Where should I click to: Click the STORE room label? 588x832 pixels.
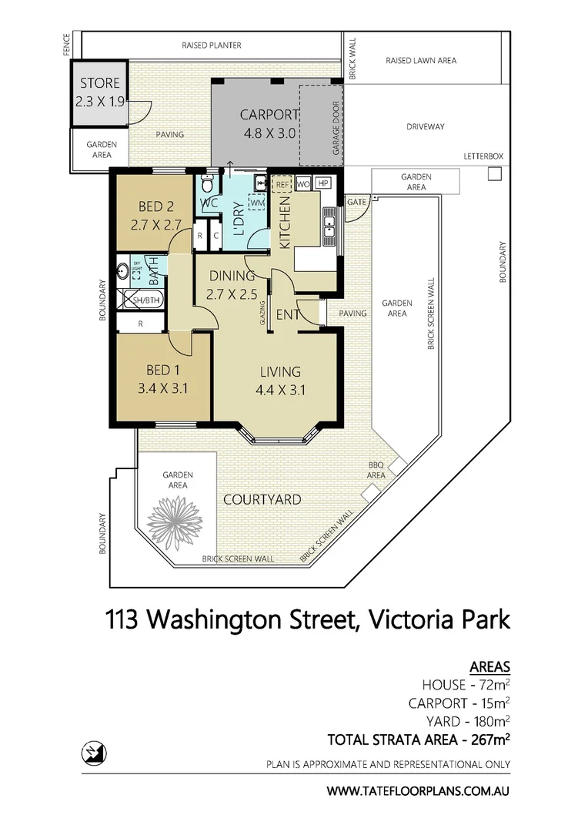coord(100,83)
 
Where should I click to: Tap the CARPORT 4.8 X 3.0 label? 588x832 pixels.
coord(269,123)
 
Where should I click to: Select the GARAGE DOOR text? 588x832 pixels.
coord(336,128)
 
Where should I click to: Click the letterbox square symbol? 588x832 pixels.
coord(495,173)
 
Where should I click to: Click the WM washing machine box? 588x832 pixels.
coord(257,203)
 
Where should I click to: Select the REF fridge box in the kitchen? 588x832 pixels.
coord(282,184)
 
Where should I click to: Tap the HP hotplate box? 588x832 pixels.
coord(322,183)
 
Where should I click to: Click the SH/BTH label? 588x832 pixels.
coord(145,300)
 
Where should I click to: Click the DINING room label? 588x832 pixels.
coord(232,276)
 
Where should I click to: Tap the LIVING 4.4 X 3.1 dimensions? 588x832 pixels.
coord(280,391)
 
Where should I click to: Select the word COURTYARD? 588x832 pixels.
coord(262,500)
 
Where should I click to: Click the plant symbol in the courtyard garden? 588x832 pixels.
coord(168,522)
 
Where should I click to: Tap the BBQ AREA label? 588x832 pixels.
coord(376,470)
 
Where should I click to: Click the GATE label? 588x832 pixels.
coord(357,202)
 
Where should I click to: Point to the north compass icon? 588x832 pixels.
coord(94,753)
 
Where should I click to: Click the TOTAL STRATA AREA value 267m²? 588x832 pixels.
coord(490,739)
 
